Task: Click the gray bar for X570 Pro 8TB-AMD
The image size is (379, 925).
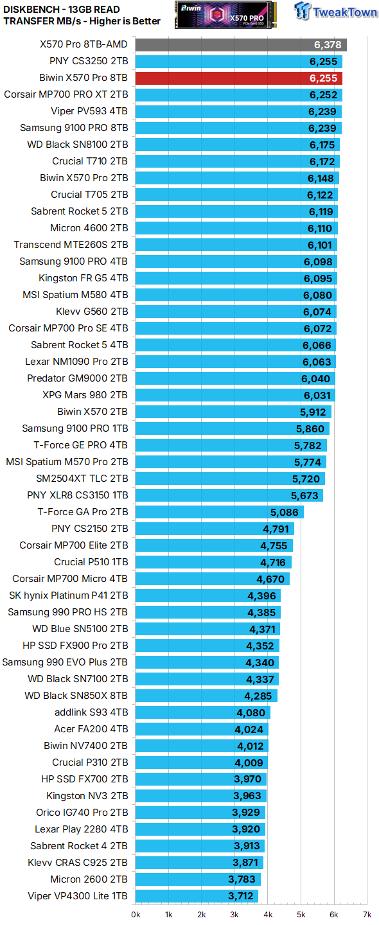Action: (241, 45)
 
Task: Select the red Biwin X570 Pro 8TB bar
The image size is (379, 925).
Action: (238, 78)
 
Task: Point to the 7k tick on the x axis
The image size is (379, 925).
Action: (366, 914)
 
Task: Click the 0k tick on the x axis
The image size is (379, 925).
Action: (136, 914)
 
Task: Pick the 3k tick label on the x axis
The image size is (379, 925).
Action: (234, 914)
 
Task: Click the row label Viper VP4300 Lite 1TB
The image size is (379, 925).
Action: (78, 896)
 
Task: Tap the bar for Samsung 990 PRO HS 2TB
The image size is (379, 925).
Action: (207, 612)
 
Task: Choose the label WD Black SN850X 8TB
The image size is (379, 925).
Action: (76, 696)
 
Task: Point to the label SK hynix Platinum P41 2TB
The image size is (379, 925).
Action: (68, 595)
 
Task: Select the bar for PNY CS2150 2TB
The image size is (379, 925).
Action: (214, 529)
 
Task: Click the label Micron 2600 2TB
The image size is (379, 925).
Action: (89, 879)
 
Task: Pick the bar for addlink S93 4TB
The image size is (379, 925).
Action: (202, 712)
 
